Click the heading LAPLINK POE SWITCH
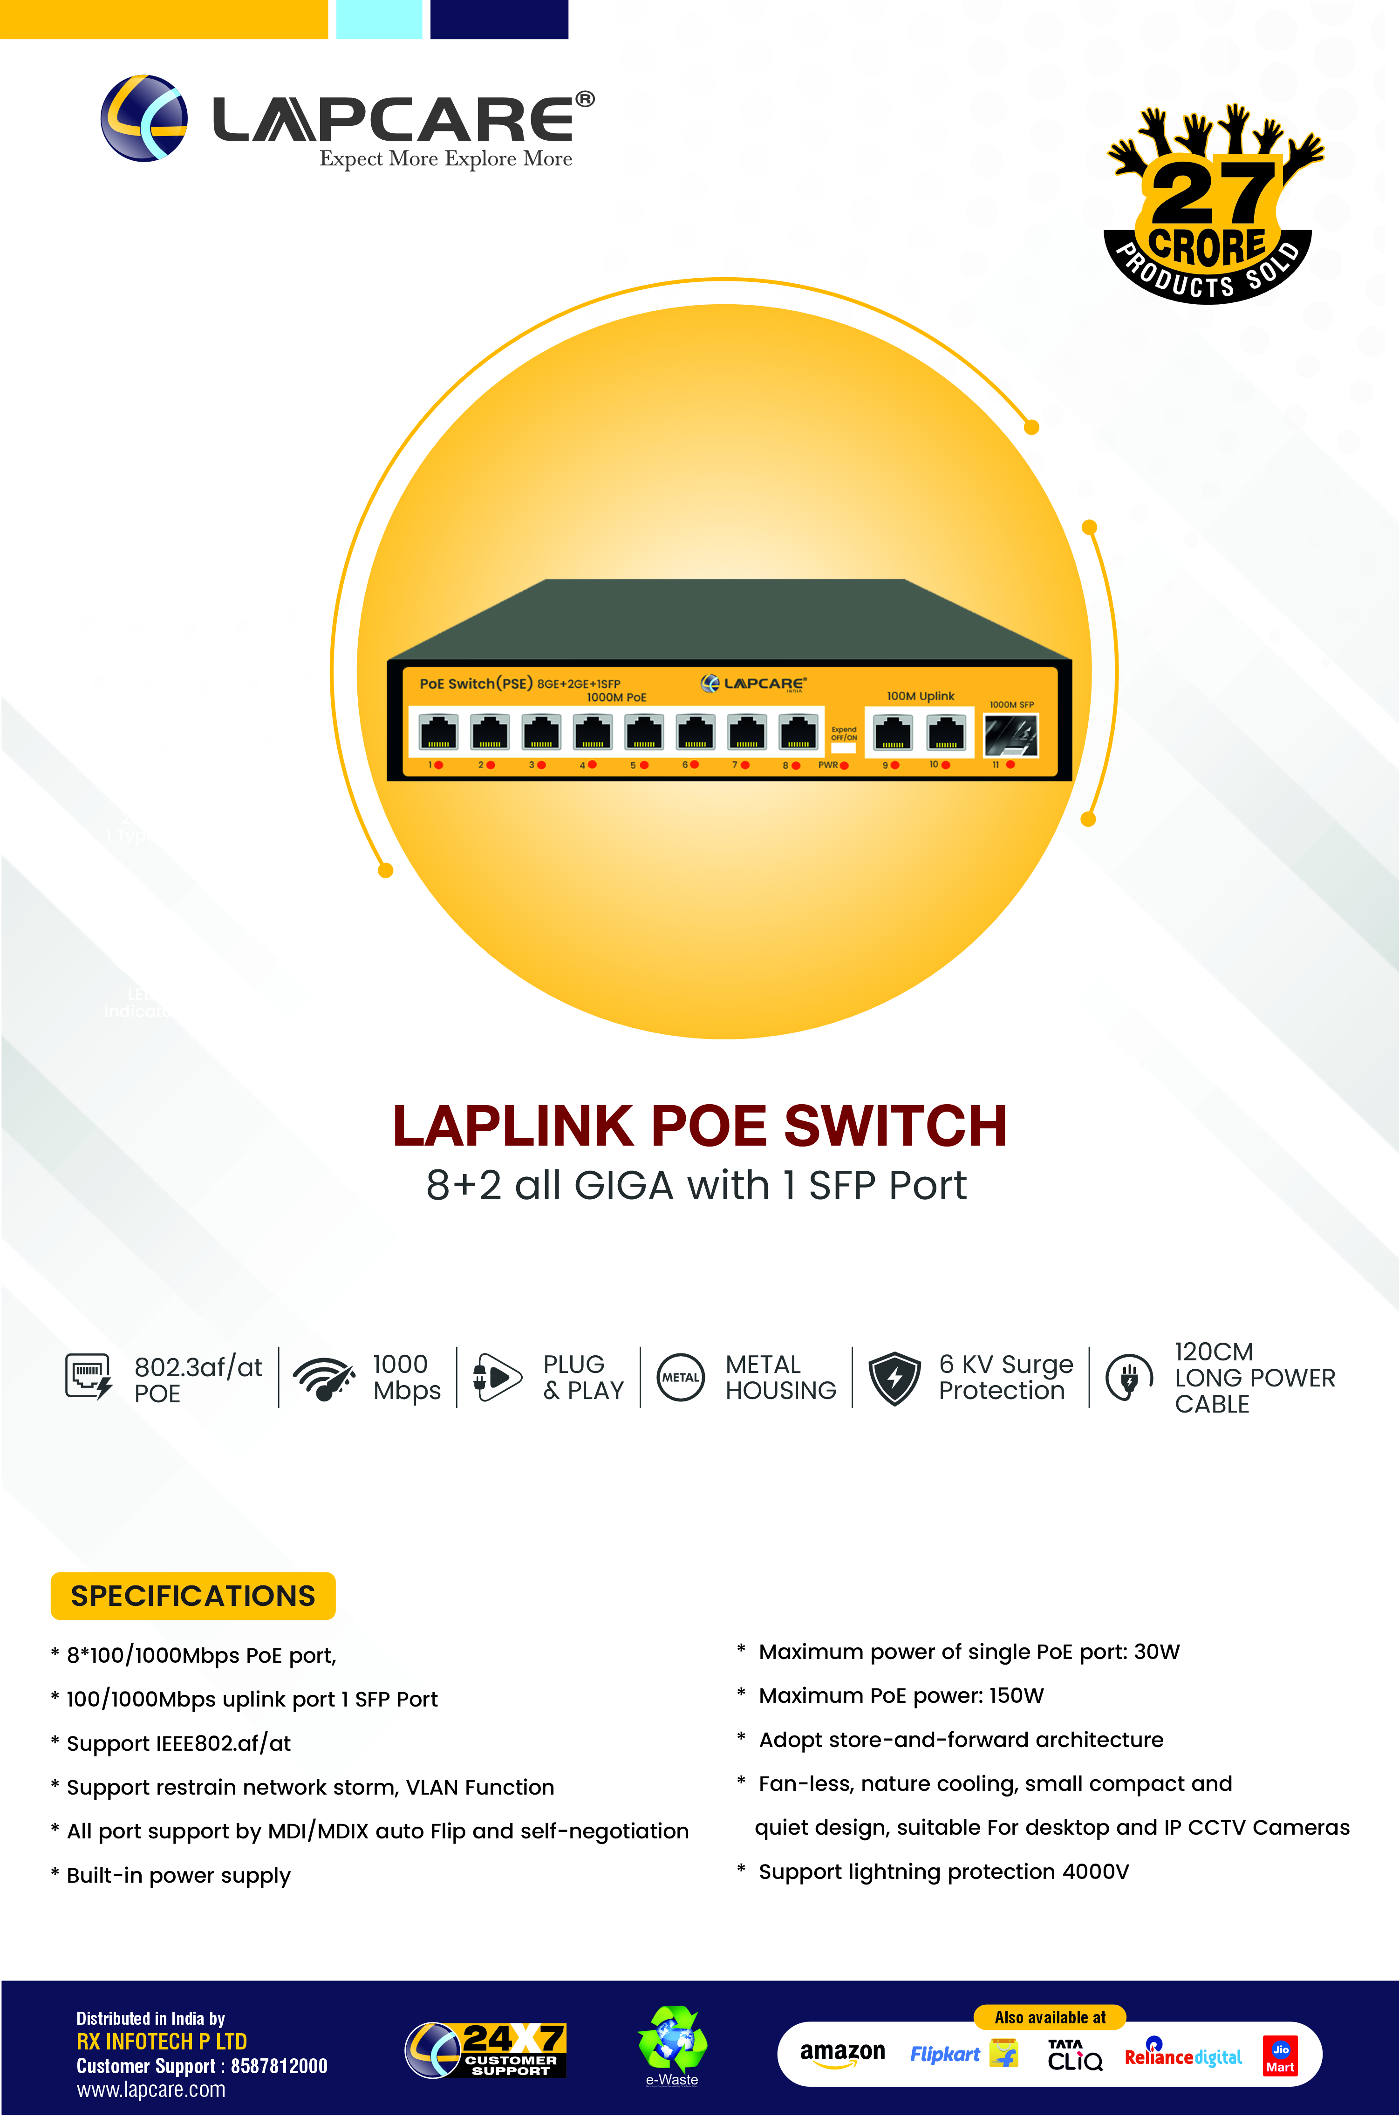(700, 1126)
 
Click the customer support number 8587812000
(279, 2066)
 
